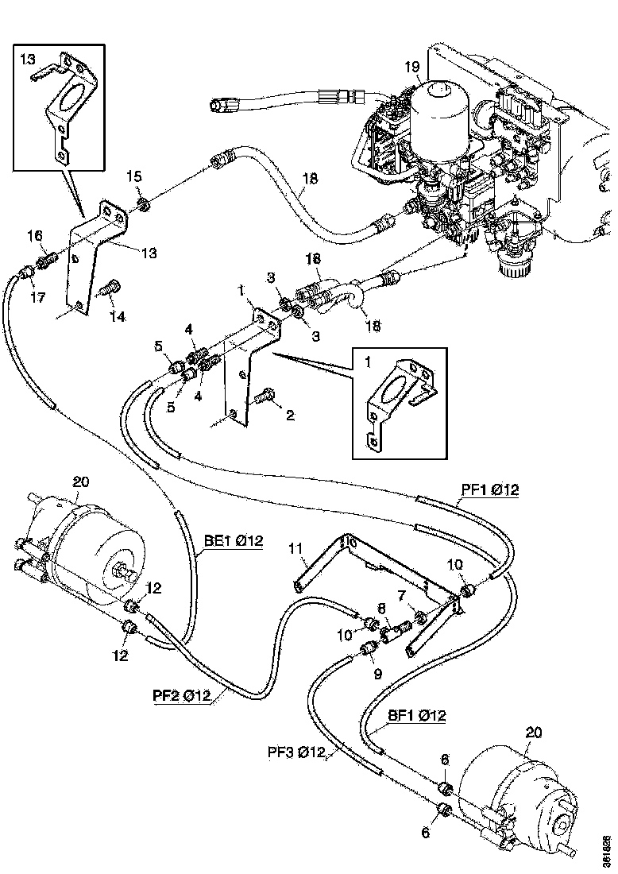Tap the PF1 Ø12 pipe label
[x=490, y=490]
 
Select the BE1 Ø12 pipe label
[x=233, y=541]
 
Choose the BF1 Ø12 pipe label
[x=416, y=716]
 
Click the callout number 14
[x=118, y=317]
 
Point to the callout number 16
[x=35, y=235]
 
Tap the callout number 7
[x=402, y=595]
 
